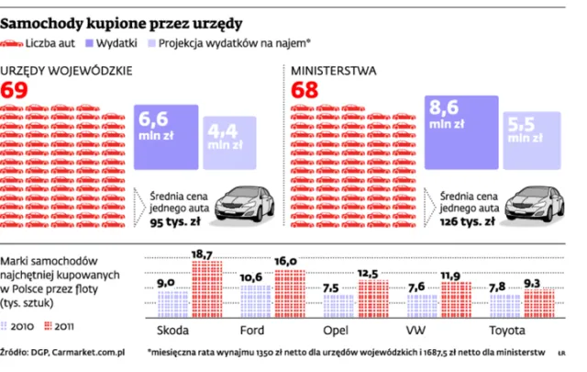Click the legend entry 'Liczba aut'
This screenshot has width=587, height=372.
click(x=62, y=42)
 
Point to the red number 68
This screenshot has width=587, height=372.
click(x=305, y=90)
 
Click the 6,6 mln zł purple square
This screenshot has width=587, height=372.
click(x=166, y=136)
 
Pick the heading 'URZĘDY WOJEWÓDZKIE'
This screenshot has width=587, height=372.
click(x=68, y=70)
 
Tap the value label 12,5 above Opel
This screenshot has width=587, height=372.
click(x=367, y=274)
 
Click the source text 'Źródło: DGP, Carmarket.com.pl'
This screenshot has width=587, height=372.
click(x=62, y=351)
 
